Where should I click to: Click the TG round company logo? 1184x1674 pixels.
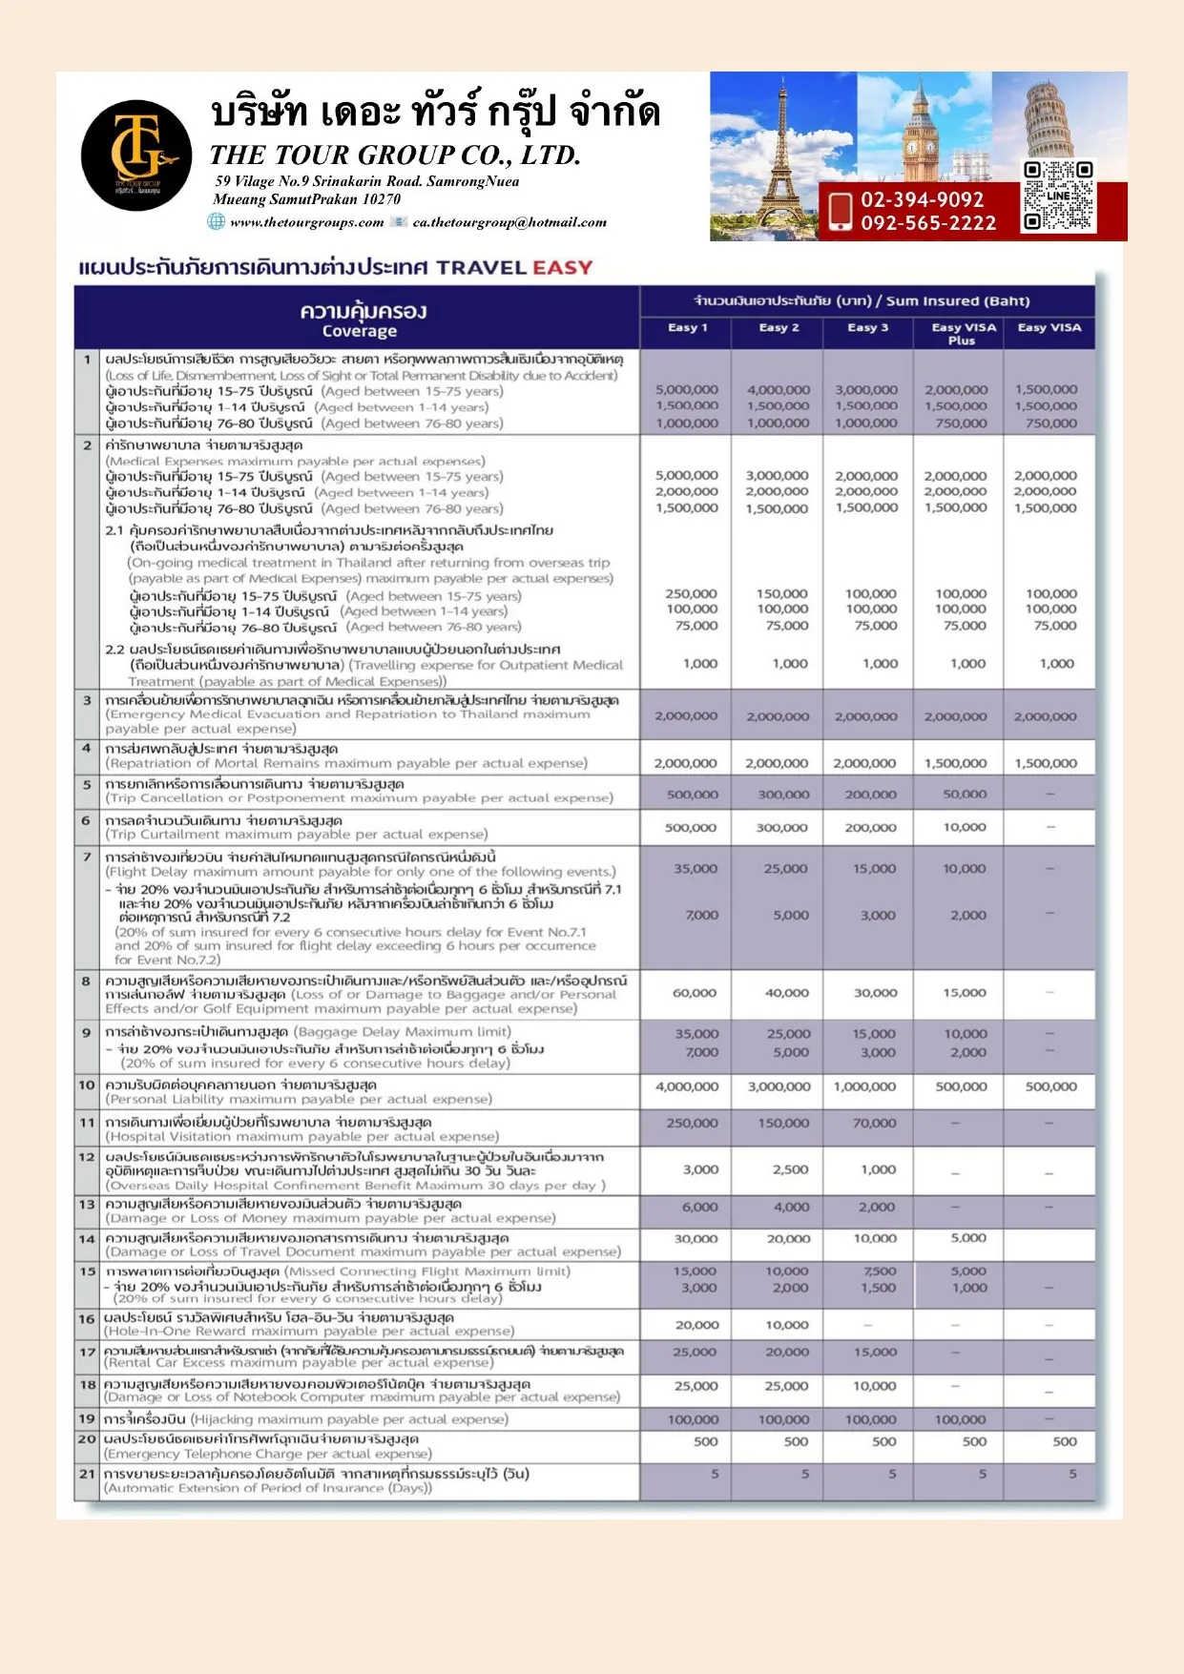coord(135,155)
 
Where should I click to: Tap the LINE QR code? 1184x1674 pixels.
coord(1057,196)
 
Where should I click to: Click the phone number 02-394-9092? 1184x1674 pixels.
coord(922,199)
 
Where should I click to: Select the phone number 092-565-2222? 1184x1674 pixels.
coord(927,223)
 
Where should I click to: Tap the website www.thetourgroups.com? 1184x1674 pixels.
coord(306,222)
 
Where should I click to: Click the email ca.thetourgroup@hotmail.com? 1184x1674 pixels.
coord(509,222)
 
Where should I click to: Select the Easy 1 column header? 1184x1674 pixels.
coord(687,328)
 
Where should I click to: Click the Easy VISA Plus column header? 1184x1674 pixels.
coord(963,333)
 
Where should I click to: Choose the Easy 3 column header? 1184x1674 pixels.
coord(867,328)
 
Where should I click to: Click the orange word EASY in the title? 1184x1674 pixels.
coord(562,267)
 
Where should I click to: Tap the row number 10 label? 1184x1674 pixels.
coord(87,1085)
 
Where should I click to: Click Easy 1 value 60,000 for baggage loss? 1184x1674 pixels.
coord(695,993)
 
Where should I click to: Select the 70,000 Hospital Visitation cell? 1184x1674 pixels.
coord(874,1124)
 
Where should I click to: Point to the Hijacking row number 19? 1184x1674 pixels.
coord(87,1418)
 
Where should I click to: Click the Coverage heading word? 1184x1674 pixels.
coord(359,332)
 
